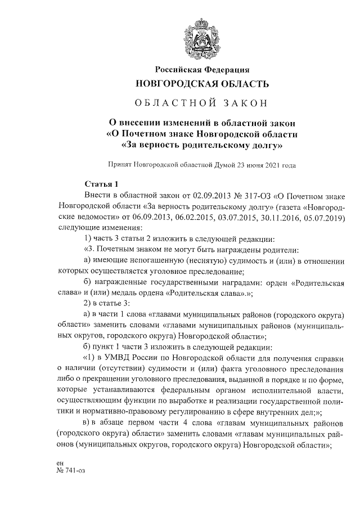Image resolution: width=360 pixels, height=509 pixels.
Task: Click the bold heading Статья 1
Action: pyautogui.click(x=101, y=184)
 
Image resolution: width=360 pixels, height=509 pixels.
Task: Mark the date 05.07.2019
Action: pyautogui.click(x=319, y=216)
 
